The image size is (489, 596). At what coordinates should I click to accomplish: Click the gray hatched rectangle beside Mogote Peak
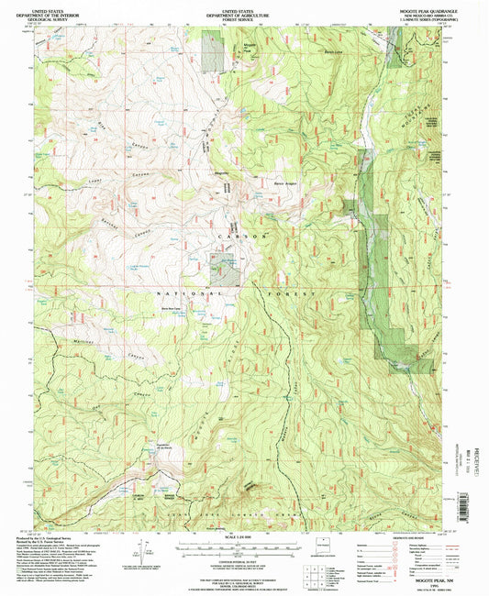[x=213, y=50]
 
